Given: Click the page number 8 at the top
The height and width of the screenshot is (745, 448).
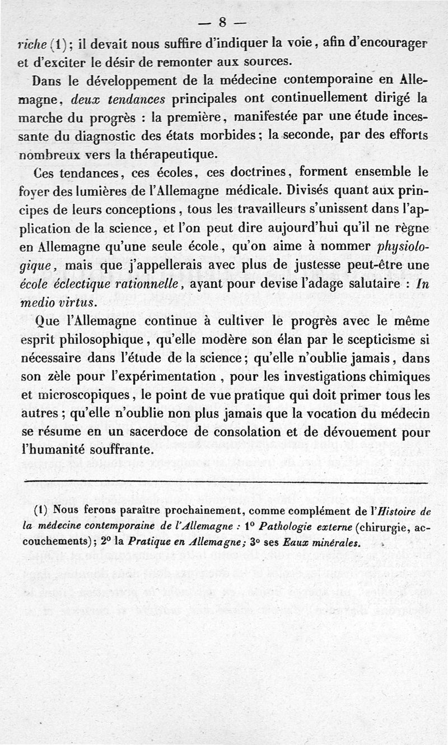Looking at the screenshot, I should coord(222,22).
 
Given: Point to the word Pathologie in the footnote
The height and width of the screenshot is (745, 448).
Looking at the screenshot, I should coord(286,526).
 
